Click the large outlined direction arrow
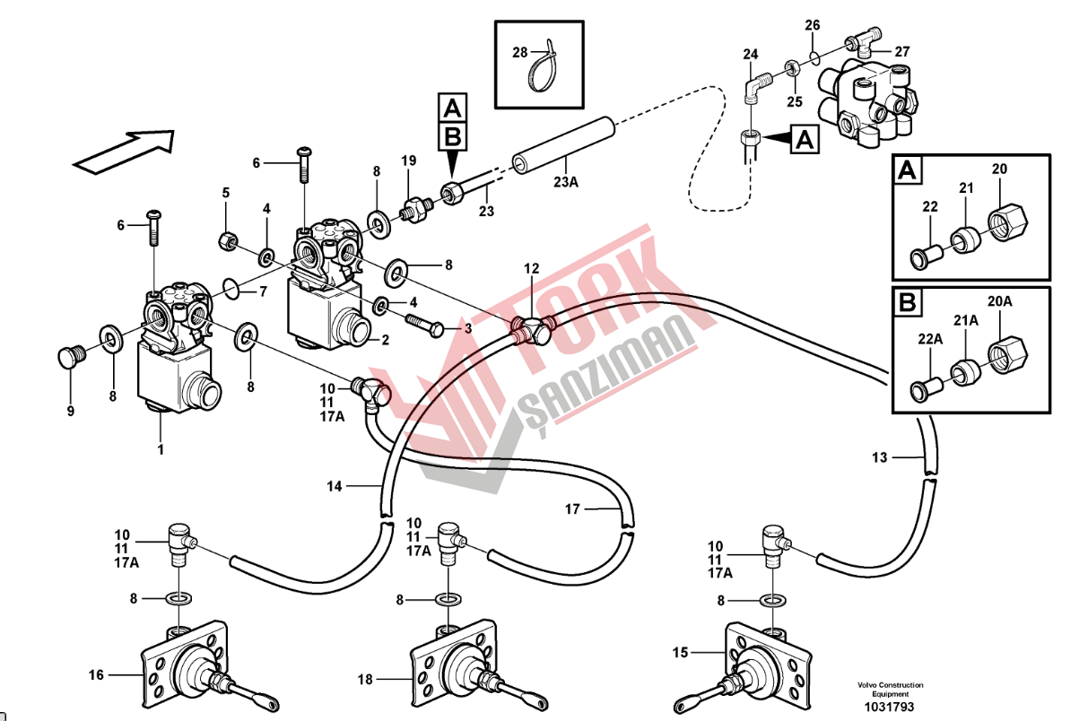pos(123,149)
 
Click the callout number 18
pos(364,680)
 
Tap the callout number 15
pos(680,653)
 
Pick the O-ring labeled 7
pos(231,289)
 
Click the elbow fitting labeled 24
pos(755,87)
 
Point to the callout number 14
pos(335,486)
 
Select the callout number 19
pos(409,161)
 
